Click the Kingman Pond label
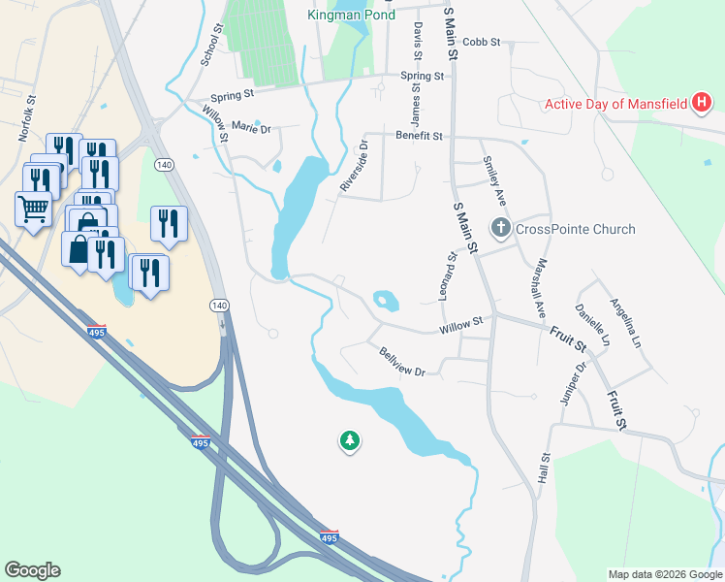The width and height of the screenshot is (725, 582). pyautogui.click(x=351, y=15)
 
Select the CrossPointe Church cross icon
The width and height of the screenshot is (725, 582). pyautogui.click(x=501, y=229)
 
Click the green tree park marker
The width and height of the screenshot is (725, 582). pyautogui.click(x=349, y=441)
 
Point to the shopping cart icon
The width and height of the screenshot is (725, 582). pyautogui.click(x=33, y=209)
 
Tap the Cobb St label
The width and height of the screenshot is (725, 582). pyautogui.click(x=481, y=43)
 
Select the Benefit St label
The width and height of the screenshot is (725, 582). pyautogui.click(x=419, y=137)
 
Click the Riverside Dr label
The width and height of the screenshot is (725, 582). pyautogui.click(x=354, y=166)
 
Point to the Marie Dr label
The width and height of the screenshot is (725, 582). pyautogui.click(x=251, y=128)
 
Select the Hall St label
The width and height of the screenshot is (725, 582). pyautogui.click(x=545, y=469)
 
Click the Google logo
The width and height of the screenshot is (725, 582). pyautogui.click(x=32, y=570)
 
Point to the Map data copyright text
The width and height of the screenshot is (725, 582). pyautogui.click(x=664, y=574)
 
